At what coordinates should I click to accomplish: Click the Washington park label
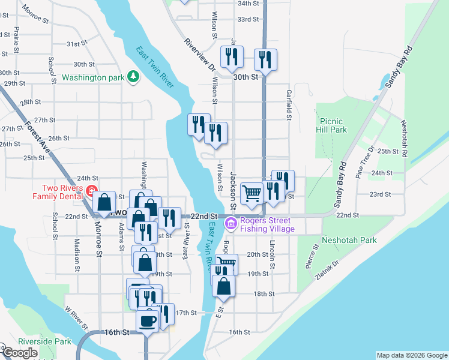92,77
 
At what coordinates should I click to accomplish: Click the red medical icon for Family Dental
91,192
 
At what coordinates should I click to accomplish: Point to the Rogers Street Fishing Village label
267,224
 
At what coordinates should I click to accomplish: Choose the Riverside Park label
36,341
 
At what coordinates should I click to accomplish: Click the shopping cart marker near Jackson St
252,193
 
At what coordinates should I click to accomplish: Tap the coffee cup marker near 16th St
148,320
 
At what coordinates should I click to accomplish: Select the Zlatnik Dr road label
327,271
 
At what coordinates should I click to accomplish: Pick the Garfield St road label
289,106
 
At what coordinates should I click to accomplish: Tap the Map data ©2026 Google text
412,355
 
